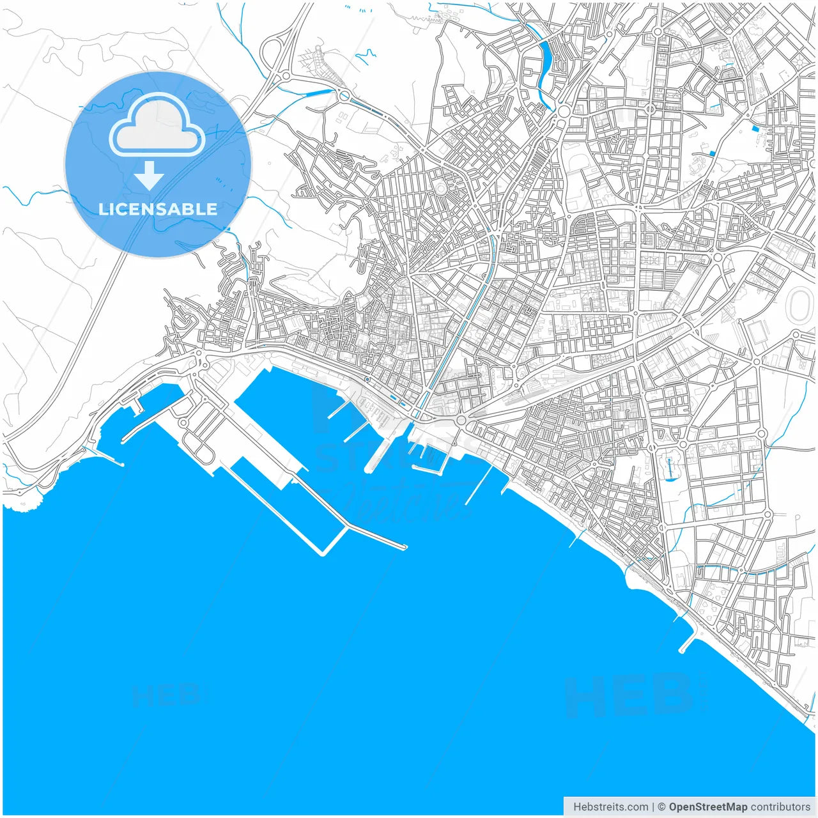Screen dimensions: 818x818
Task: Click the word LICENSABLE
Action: tap(158, 209)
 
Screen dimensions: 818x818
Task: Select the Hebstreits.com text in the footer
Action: tap(611, 807)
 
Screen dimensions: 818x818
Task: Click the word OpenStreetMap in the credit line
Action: tap(707, 807)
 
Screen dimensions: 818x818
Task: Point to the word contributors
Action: tap(780, 807)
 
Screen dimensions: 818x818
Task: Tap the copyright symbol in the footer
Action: tap(662, 807)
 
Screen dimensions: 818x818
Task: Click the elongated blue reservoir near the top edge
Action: tap(545, 64)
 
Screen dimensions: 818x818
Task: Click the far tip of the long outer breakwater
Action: tap(405, 547)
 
